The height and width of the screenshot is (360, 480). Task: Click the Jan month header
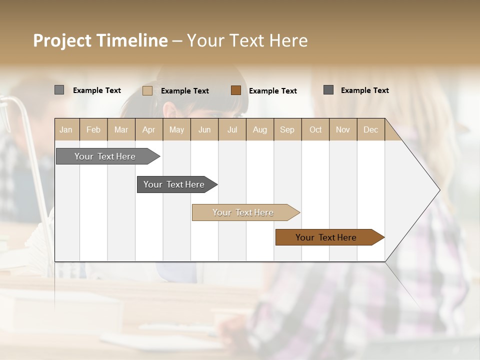tap(66, 129)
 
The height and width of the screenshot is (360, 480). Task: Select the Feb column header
tap(93, 129)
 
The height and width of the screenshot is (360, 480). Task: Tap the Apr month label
tap(148, 129)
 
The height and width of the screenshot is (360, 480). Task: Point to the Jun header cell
tap(204, 129)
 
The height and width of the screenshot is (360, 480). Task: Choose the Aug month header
tap(259, 129)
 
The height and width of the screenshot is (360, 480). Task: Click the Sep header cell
tap(287, 129)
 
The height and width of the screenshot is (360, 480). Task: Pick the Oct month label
tap(315, 129)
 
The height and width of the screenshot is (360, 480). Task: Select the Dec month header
tap(370, 129)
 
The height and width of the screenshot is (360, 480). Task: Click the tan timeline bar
tap(243, 212)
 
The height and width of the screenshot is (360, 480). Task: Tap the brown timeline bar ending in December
tap(326, 237)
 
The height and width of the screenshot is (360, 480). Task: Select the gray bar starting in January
tap(105, 156)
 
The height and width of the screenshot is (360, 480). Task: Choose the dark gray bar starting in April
tap(174, 184)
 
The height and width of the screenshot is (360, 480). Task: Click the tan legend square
tap(147, 90)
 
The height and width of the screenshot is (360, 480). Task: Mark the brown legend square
tap(236, 90)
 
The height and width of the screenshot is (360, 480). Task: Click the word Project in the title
tap(62, 40)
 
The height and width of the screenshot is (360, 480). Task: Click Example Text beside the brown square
tap(273, 91)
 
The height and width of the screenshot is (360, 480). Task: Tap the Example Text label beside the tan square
tap(185, 91)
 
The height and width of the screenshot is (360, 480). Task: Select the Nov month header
tap(343, 129)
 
